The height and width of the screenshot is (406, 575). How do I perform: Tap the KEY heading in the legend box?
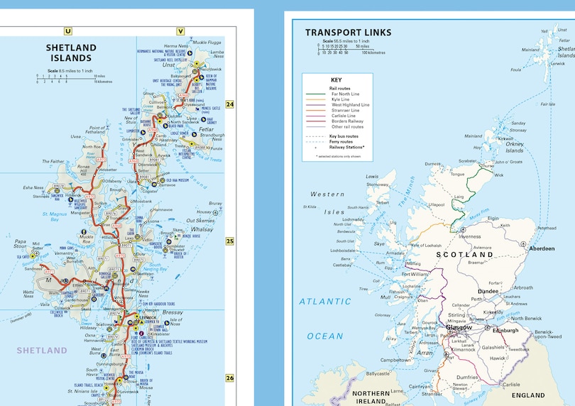tap(336, 79)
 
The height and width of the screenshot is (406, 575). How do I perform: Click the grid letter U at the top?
tap(68, 31)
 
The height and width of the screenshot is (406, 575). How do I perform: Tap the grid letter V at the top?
tap(180, 31)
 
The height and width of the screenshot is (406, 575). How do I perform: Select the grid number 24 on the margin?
tap(229, 105)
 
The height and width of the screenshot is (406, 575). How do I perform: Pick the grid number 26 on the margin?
tap(229, 378)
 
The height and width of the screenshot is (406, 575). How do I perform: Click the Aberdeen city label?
tap(542, 248)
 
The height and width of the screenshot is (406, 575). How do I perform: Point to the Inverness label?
tap(470, 236)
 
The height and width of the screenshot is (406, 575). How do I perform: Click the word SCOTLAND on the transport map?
tap(464, 254)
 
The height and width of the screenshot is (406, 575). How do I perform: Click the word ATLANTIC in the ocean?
tap(324, 301)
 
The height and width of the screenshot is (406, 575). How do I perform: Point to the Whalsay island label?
tap(202, 229)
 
